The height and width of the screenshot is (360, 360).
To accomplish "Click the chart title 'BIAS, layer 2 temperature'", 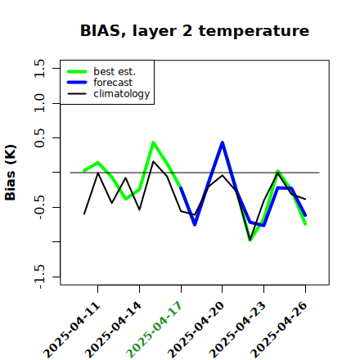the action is click(x=195, y=30).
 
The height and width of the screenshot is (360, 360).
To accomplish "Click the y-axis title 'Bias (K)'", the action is click(x=11, y=173).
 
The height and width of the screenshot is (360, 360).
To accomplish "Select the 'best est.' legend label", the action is click(x=115, y=71).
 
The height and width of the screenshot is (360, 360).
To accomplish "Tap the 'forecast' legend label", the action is click(x=113, y=83).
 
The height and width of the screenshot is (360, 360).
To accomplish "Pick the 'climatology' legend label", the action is click(x=122, y=94).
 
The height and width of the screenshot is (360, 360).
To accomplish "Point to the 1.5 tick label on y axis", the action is click(x=38, y=68).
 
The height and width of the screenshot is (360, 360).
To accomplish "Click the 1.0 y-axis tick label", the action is click(x=38, y=103).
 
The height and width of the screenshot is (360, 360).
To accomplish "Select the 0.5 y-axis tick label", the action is click(x=38, y=138).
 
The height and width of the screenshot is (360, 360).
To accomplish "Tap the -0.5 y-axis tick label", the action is click(x=38, y=207).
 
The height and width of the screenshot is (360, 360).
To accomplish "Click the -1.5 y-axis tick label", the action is click(x=38, y=277).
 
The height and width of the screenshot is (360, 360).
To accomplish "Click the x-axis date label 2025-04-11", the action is click(x=72, y=330).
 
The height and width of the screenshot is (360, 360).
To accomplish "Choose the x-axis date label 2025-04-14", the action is click(x=114, y=330).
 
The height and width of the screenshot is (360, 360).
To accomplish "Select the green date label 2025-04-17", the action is click(x=155, y=330).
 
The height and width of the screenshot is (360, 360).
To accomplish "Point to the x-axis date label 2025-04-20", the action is click(x=196, y=330).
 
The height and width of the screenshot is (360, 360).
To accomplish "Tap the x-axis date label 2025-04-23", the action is click(x=238, y=330).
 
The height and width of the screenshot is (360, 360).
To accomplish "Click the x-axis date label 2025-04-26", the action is click(x=279, y=330).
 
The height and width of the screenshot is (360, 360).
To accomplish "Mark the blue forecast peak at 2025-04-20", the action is click(x=223, y=142).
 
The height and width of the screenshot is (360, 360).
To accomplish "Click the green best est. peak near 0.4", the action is click(x=153, y=142).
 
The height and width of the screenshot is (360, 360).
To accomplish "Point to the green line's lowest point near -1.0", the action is click(x=250, y=240).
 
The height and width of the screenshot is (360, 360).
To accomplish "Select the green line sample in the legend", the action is click(x=77, y=71).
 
